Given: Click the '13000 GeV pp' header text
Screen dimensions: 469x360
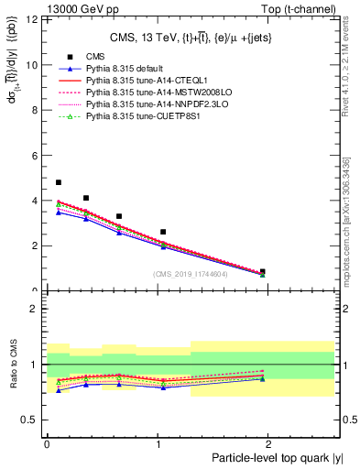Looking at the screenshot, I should tap(44, 7).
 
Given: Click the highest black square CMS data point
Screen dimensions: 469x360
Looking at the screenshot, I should tap(59, 182).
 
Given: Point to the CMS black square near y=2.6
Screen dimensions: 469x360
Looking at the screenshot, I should tap(163, 232).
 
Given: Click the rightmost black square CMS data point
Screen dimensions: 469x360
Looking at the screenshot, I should tap(263, 272).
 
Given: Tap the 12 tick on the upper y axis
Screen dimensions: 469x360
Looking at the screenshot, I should tap(33, 19).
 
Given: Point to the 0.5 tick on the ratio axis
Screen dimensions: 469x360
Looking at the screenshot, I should tap(30, 420).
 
